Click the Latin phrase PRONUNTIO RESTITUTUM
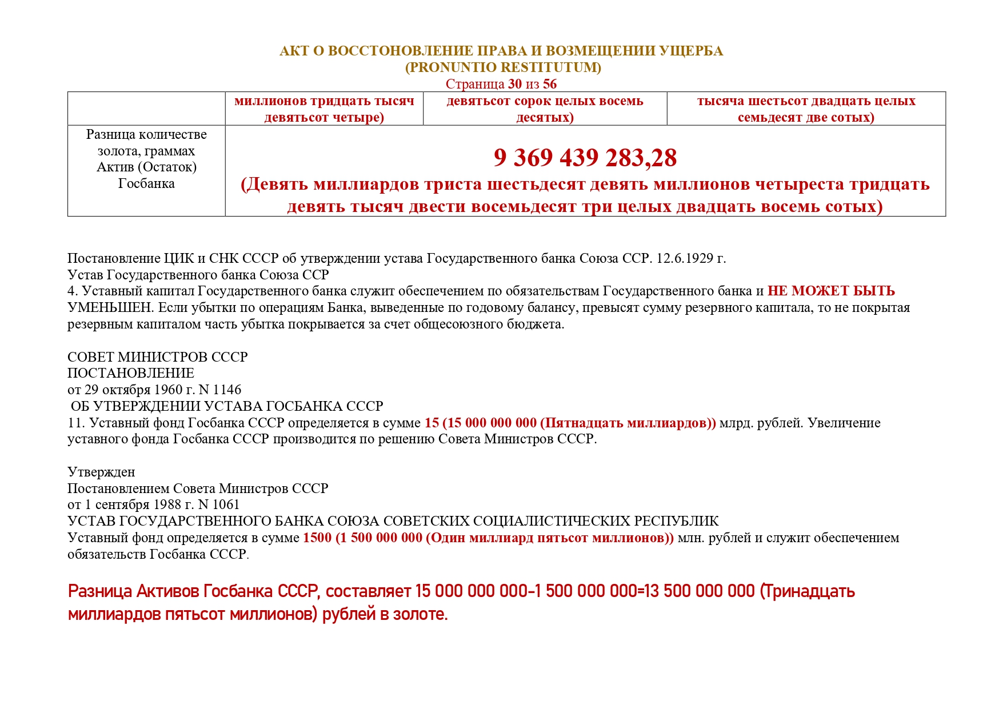pos(503,67)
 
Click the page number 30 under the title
pos(514,84)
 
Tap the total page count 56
pos(549,84)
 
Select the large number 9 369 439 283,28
pos(585,158)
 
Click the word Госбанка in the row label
pos(146,183)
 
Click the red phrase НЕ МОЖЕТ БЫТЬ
pos(831,291)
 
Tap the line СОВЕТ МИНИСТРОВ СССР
pos(157,357)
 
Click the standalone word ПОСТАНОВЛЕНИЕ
pos(131,373)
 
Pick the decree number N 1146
pos(219,390)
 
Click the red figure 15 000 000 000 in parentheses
pos(491,423)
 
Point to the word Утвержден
pos(101,472)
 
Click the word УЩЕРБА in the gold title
pos(691,51)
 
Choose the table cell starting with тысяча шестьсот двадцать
pos(806,109)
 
